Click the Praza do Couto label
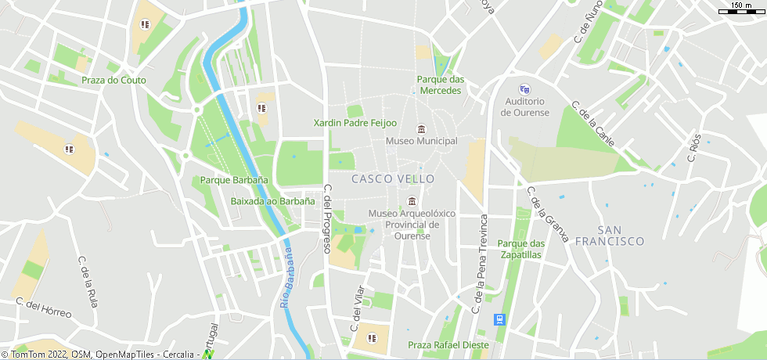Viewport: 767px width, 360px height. click(x=113, y=80)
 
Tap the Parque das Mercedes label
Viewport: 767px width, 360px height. click(x=441, y=85)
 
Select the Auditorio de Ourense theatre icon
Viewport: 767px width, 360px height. click(x=524, y=89)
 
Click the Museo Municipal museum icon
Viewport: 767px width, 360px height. click(x=421, y=129)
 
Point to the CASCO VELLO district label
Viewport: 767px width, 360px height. click(x=393, y=179)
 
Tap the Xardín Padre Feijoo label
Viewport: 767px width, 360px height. click(x=355, y=123)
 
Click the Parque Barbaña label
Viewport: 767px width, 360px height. click(x=234, y=180)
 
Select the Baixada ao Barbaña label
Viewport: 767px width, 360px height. click(x=272, y=201)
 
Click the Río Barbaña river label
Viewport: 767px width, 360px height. click(x=286, y=276)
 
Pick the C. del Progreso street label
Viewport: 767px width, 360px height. click(x=328, y=218)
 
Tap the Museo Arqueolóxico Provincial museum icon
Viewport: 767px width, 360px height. click(x=412, y=201)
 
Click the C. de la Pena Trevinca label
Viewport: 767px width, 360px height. click(x=480, y=263)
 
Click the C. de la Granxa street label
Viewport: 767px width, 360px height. click(x=547, y=214)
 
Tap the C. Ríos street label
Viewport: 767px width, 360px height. click(x=694, y=146)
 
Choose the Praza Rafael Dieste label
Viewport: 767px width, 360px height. click(x=448, y=345)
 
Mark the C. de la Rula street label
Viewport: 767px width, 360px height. click(x=88, y=282)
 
